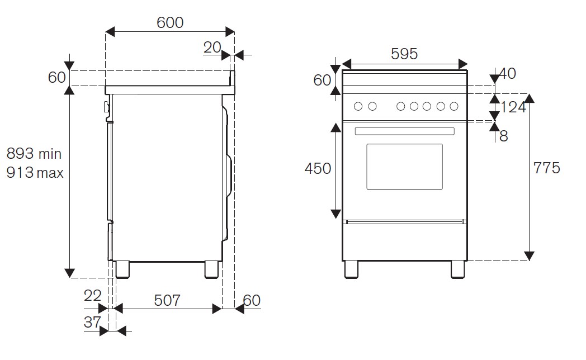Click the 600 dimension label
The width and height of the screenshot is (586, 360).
pos(170,23)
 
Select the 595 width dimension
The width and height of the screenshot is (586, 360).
pos(404,54)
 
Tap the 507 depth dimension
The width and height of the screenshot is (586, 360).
pos(167,300)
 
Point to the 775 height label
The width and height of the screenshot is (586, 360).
pos(546,168)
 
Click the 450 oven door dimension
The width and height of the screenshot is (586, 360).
pos(318,168)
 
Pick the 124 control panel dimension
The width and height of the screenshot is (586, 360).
pos(513,107)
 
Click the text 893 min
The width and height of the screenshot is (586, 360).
pos(34,154)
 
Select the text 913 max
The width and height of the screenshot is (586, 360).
pos(35,173)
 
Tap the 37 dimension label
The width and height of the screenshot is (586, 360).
pos(92,322)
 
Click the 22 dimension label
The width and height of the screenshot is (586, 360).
pos(93,296)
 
